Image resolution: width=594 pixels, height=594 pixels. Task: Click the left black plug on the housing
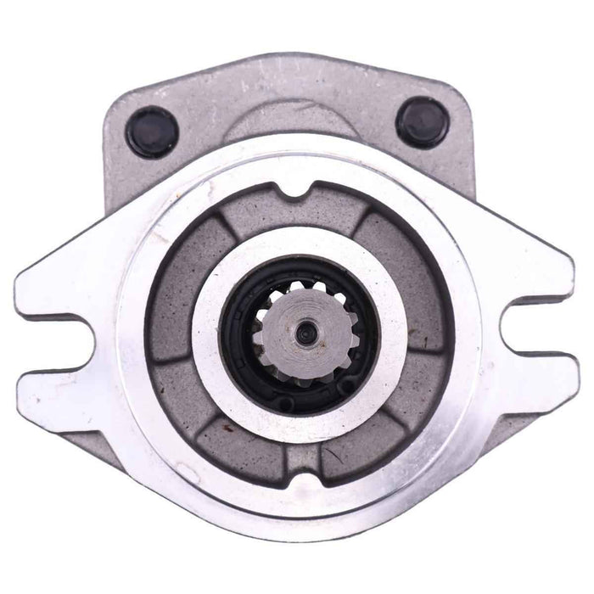click(152, 132)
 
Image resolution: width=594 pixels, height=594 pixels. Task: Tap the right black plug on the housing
click(423, 121)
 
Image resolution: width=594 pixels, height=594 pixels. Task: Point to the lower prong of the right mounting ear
click(535, 382)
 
